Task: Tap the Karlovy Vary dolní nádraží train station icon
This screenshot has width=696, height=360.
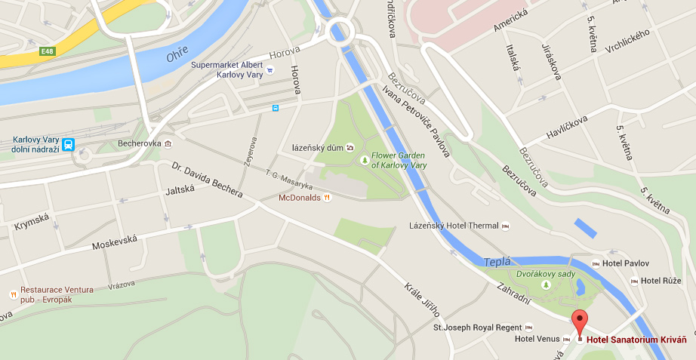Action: [69, 144]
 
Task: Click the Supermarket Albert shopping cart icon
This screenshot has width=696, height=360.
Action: [271, 69]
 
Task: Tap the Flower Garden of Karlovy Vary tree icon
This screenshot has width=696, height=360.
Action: [364, 160]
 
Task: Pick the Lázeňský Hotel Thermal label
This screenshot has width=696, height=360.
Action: [454, 226]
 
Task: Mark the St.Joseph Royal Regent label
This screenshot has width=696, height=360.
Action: [477, 328]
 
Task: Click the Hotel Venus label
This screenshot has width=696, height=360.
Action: [537, 339]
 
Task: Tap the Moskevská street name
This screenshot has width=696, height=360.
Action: [115, 242]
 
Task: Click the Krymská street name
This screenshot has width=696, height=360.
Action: [32, 222]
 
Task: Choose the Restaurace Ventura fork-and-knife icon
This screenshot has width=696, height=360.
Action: [12, 294]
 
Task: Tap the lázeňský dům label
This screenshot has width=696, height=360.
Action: [318, 148]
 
